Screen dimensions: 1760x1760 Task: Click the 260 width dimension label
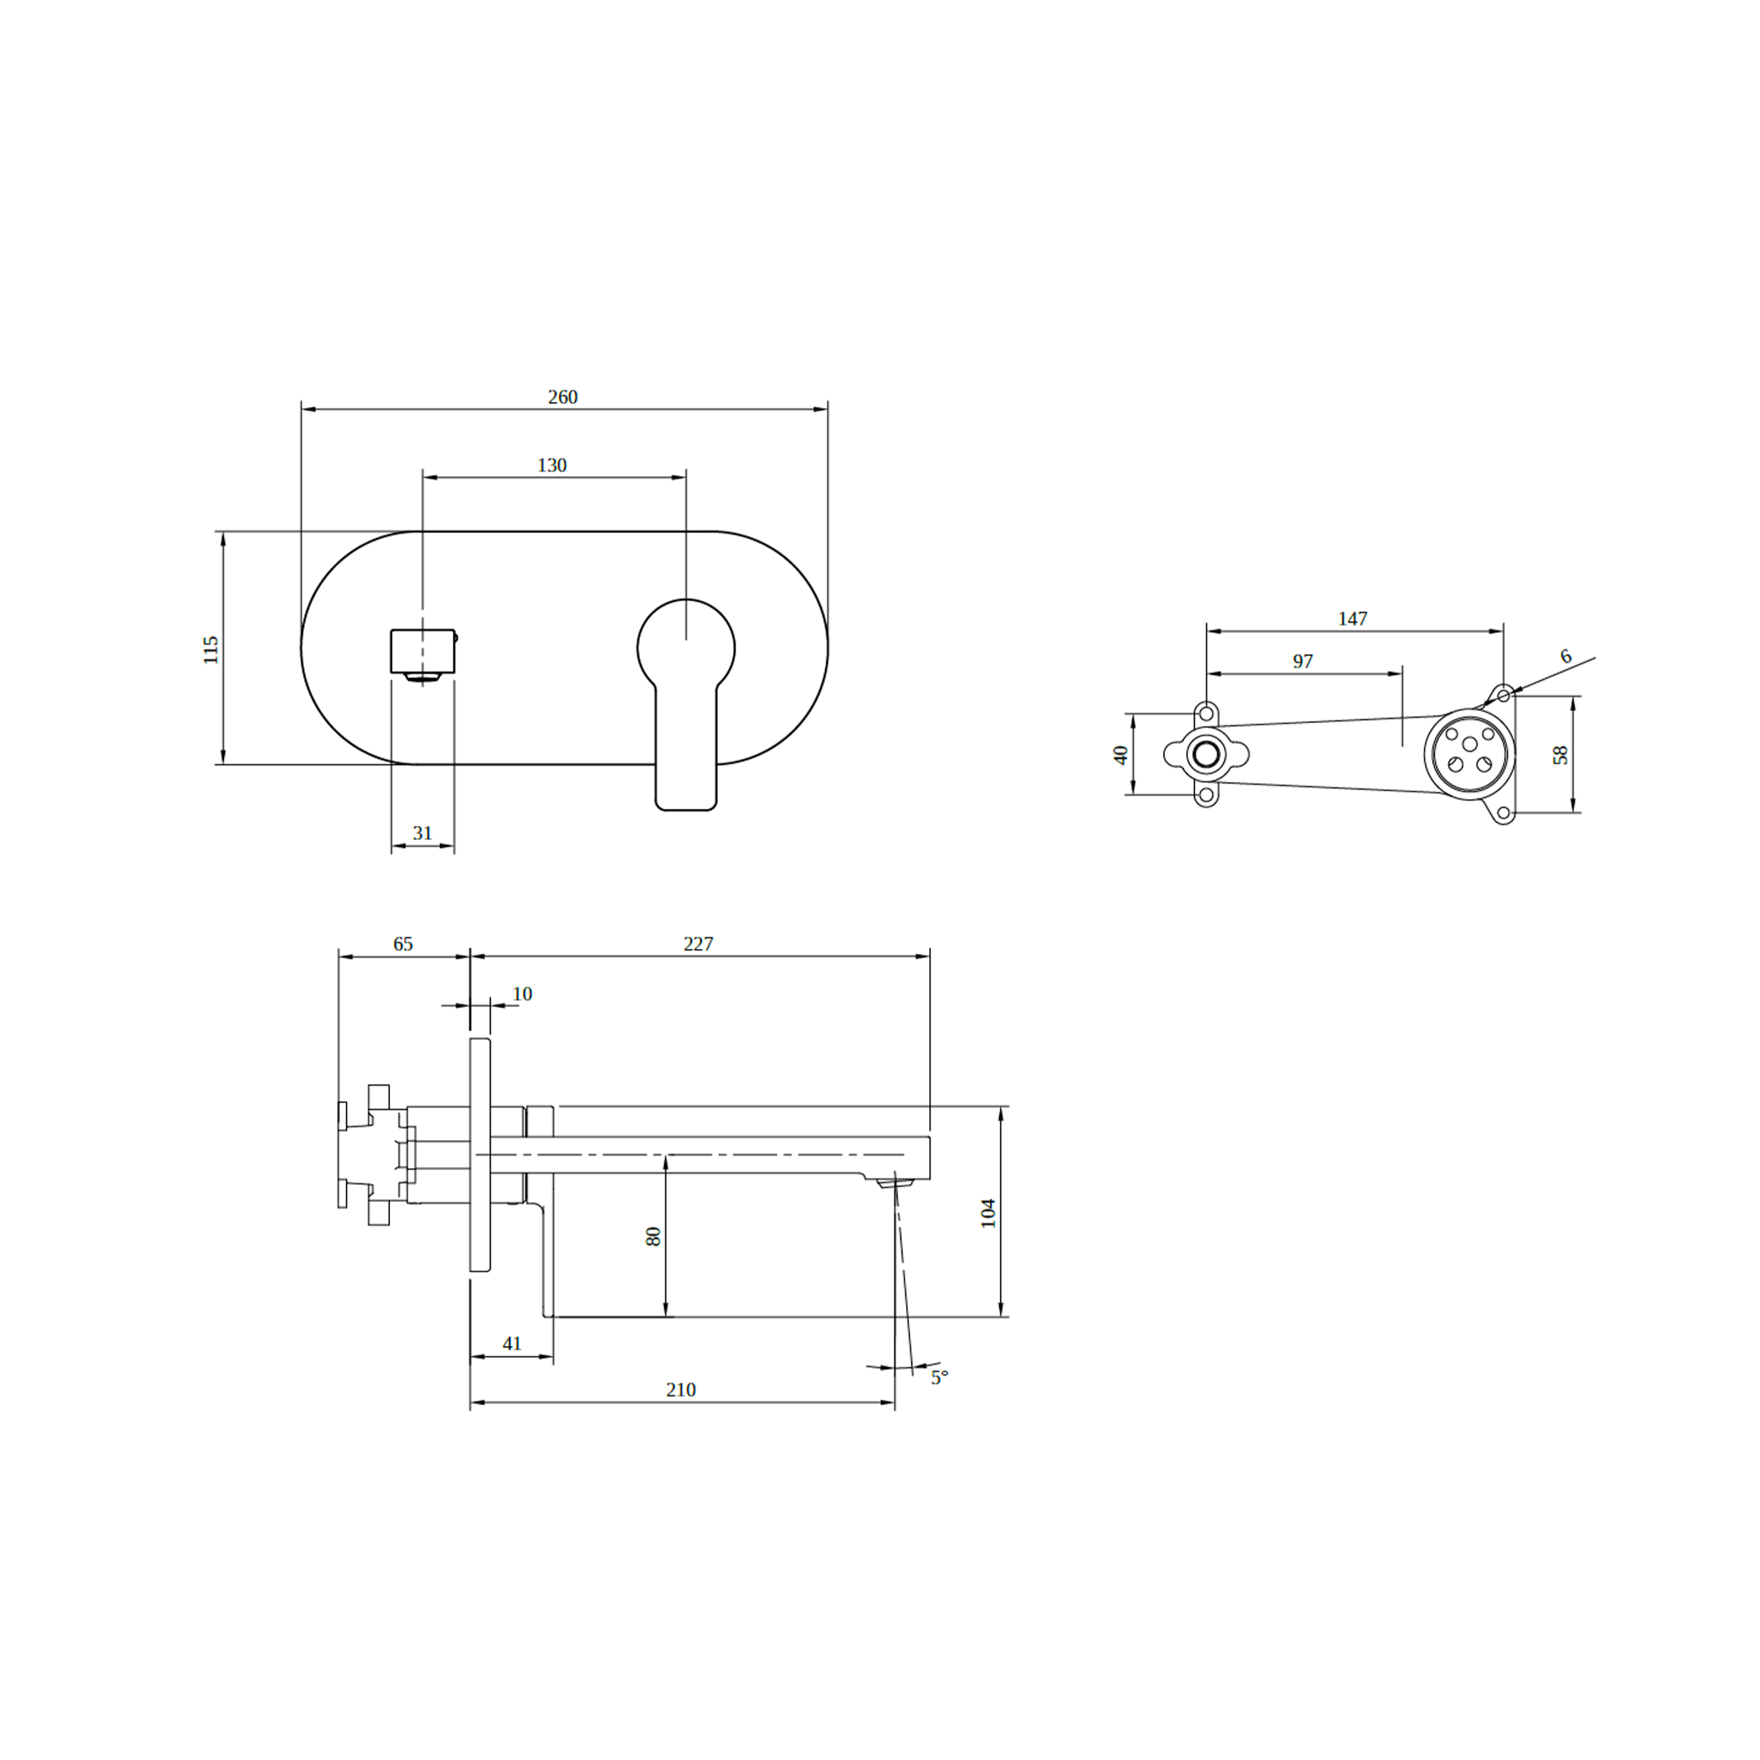click(562, 397)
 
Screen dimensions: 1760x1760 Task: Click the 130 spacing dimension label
click(552, 465)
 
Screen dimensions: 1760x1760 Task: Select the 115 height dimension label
click(210, 650)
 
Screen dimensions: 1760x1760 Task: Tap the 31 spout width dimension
click(422, 833)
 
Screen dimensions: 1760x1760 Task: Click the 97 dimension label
click(1302, 661)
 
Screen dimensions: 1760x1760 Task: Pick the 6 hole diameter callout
click(1565, 656)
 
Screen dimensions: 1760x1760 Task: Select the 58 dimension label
click(1561, 754)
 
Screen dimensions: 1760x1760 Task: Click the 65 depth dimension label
click(403, 944)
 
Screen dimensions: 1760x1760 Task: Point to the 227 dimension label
click(698, 944)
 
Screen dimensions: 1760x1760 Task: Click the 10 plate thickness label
click(522, 994)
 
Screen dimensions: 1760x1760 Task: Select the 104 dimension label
click(988, 1214)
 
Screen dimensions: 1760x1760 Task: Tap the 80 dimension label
click(653, 1236)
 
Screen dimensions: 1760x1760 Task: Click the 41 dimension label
click(511, 1344)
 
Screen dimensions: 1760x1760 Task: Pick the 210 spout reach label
click(681, 1389)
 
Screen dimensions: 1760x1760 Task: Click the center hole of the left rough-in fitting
click(1206, 754)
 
